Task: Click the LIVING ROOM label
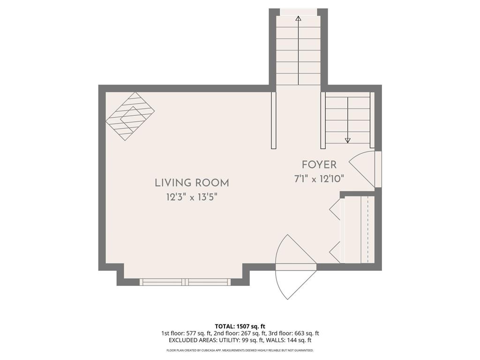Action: click(192, 183)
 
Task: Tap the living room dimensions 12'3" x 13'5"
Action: click(192, 197)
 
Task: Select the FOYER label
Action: click(319, 165)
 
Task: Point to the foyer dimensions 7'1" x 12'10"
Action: click(319, 179)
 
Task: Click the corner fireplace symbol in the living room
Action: click(130, 116)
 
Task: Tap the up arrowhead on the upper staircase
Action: click(299, 19)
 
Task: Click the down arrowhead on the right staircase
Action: click(348, 140)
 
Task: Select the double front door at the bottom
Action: click(295, 267)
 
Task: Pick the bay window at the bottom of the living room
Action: click(186, 282)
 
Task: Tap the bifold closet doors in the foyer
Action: click(336, 230)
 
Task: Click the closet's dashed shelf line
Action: click(368, 230)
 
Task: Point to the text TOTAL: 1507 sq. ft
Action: click(240, 326)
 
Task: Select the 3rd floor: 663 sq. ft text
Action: click(294, 333)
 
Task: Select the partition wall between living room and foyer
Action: click(274, 120)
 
